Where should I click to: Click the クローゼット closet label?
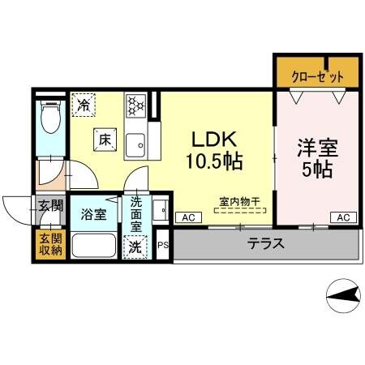pos(317,75)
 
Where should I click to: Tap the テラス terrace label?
pos(265,243)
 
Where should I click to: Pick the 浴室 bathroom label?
pos(92,215)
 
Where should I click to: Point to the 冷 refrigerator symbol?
pos(84,105)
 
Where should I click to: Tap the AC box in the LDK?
pos(187,217)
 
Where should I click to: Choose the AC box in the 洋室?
pos(342,217)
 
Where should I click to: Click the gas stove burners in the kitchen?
pos(135,105)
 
